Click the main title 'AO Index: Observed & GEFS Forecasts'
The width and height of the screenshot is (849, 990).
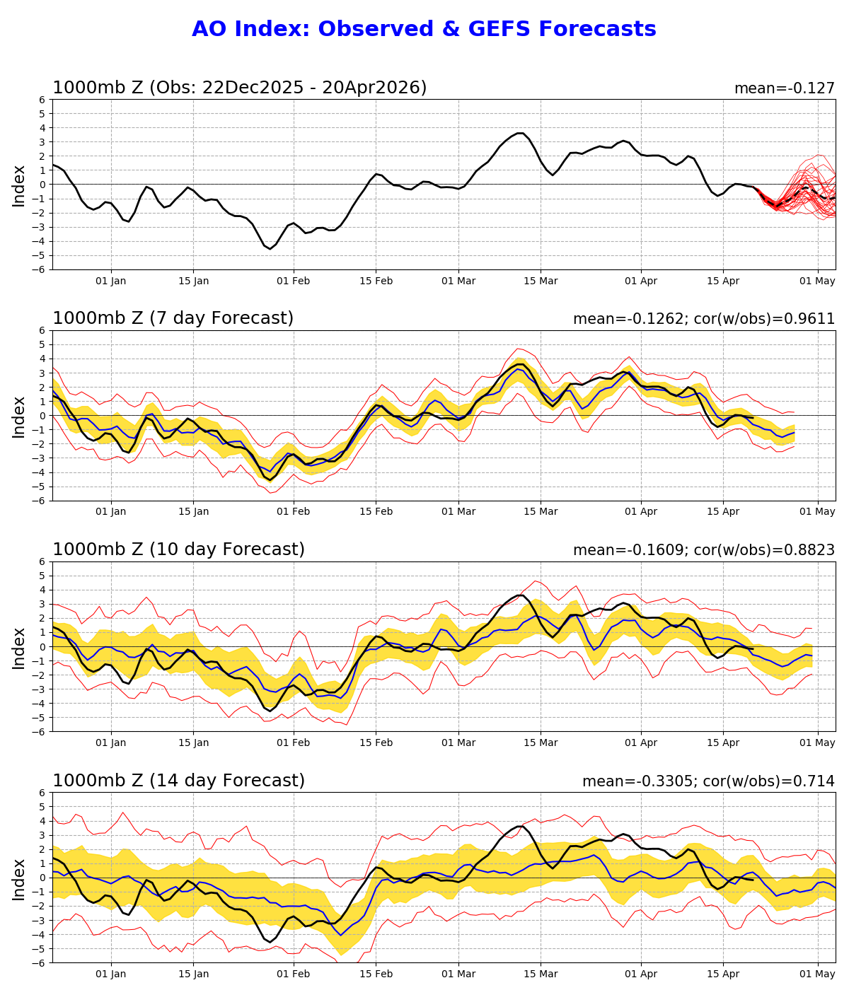point(424,30)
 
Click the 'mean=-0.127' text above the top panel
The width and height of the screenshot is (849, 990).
point(784,88)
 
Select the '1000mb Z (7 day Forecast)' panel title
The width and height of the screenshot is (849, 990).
point(173,319)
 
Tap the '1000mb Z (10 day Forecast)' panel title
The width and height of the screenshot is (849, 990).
point(178,550)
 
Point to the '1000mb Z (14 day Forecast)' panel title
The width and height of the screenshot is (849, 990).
point(178,781)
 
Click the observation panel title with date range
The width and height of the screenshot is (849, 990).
point(239,88)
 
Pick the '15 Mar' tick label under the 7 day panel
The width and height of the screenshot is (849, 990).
point(541,512)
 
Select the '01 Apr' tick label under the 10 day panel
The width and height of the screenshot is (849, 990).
point(641,742)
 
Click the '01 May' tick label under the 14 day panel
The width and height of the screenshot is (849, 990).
point(818,974)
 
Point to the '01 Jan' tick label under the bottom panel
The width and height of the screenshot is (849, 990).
point(110,974)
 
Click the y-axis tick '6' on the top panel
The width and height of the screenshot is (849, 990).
point(42,100)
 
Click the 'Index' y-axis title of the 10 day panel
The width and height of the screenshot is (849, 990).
point(19,647)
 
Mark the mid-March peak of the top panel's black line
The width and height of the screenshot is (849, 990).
point(520,133)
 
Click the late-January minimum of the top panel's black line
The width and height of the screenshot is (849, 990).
point(270,248)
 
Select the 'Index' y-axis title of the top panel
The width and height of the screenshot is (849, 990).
point(19,185)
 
